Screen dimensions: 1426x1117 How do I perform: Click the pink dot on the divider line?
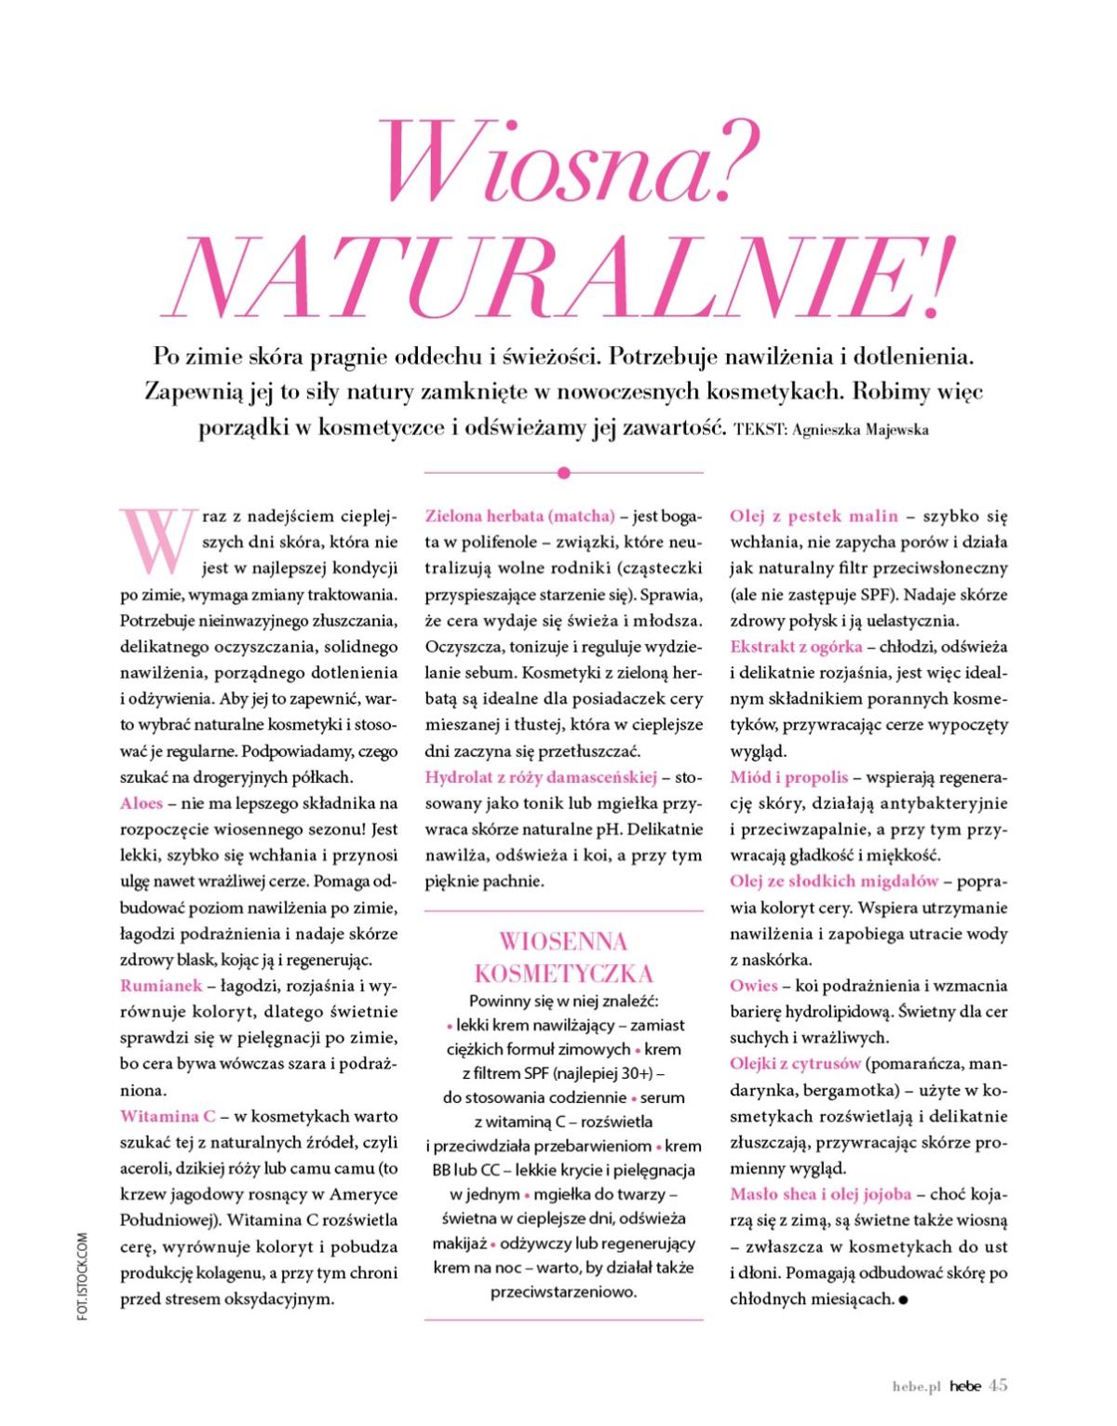click(x=563, y=473)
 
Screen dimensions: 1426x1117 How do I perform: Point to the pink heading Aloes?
click(x=141, y=802)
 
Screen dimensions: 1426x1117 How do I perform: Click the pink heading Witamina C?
click(x=168, y=1116)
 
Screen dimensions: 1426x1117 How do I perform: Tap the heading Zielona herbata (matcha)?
click(x=519, y=516)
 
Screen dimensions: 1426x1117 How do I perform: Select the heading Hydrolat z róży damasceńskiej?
click(x=541, y=776)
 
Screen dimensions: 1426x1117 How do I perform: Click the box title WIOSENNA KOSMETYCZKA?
click(x=563, y=958)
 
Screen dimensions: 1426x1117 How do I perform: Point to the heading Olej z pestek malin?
click(x=814, y=516)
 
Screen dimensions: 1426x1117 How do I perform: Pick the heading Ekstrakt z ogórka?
click(x=796, y=646)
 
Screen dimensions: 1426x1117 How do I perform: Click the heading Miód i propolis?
click(x=788, y=776)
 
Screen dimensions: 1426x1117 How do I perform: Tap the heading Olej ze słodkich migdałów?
click(x=835, y=881)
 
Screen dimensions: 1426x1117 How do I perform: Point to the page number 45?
click(x=998, y=1385)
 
